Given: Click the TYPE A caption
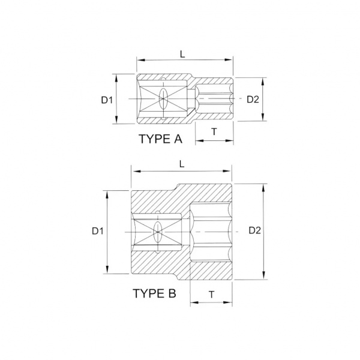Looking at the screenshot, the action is pyautogui.click(x=160, y=139).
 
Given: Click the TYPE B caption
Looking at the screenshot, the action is pyautogui.click(x=154, y=293).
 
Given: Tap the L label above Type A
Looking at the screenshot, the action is pyautogui.click(x=182, y=55).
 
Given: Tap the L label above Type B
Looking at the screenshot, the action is pyautogui.click(x=182, y=164).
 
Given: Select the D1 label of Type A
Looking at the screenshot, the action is pyautogui.click(x=107, y=100).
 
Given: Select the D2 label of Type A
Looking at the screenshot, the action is pyautogui.click(x=253, y=99).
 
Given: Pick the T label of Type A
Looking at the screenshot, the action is pyautogui.click(x=214, y=132).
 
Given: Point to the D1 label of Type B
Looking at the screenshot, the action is pyautogui.click(x=98, y=231).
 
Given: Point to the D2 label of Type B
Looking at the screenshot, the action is pyautogui.click(x=255, y=230).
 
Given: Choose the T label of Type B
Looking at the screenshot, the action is pyautogui.click(x=211, y=295).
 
